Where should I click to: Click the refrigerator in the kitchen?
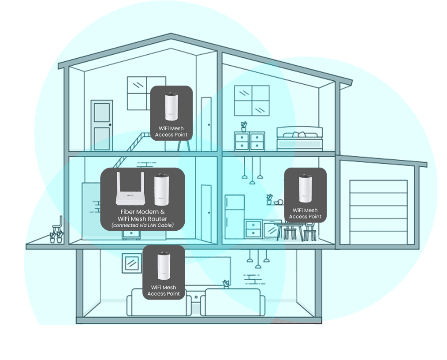click(235, 217)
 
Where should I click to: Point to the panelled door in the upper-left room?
click(102, 125)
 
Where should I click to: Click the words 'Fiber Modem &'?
click(142, 212)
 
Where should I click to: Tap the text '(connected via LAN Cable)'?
click(142, 225)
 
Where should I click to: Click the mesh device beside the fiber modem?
click(162, 189)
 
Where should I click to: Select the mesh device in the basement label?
click(164, 266)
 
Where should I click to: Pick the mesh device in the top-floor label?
click(171, 107)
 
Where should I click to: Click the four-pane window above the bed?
click(252, 101)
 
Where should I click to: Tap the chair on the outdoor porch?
click(58, 225)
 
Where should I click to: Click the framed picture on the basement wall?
click(132, 263)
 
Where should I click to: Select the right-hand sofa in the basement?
click(233, 302)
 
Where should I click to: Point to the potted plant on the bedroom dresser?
click(244, 127)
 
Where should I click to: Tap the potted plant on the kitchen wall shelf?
click(269, 199)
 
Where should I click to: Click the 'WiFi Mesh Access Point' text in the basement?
click(164, 291)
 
